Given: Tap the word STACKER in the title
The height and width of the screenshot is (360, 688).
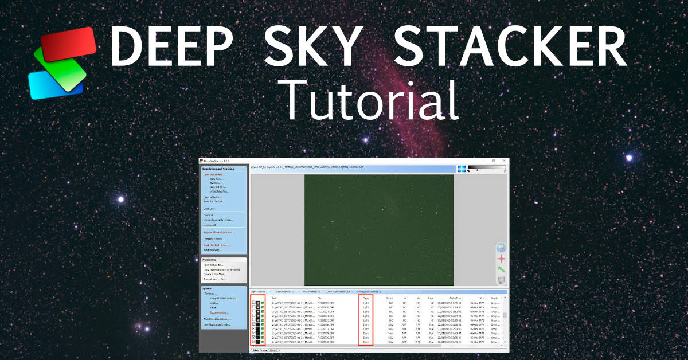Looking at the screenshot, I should click(510, 45).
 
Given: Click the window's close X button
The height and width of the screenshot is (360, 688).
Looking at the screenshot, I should click(503, 161).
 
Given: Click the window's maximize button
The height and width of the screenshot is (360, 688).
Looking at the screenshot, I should click(494, 161).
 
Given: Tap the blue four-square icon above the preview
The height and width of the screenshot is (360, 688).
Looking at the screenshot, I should click(462, 169).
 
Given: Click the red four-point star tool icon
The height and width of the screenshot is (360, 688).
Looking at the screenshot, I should click(501, 259).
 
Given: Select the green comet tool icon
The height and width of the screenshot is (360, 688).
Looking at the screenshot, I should click(501, 269).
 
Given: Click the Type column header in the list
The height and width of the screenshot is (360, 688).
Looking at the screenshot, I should click(365, 298).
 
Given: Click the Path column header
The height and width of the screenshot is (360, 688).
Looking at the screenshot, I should click(274, 298).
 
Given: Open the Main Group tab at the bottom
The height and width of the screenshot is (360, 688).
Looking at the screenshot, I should click(259, 350).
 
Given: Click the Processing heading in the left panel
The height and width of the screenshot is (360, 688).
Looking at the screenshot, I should click(210, 260).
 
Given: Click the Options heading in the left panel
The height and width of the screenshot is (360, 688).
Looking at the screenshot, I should click(207, 288).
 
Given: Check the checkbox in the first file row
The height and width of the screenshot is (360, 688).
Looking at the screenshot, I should click(253, 303).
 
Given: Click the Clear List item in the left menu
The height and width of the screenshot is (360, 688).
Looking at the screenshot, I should click(208, 209).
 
